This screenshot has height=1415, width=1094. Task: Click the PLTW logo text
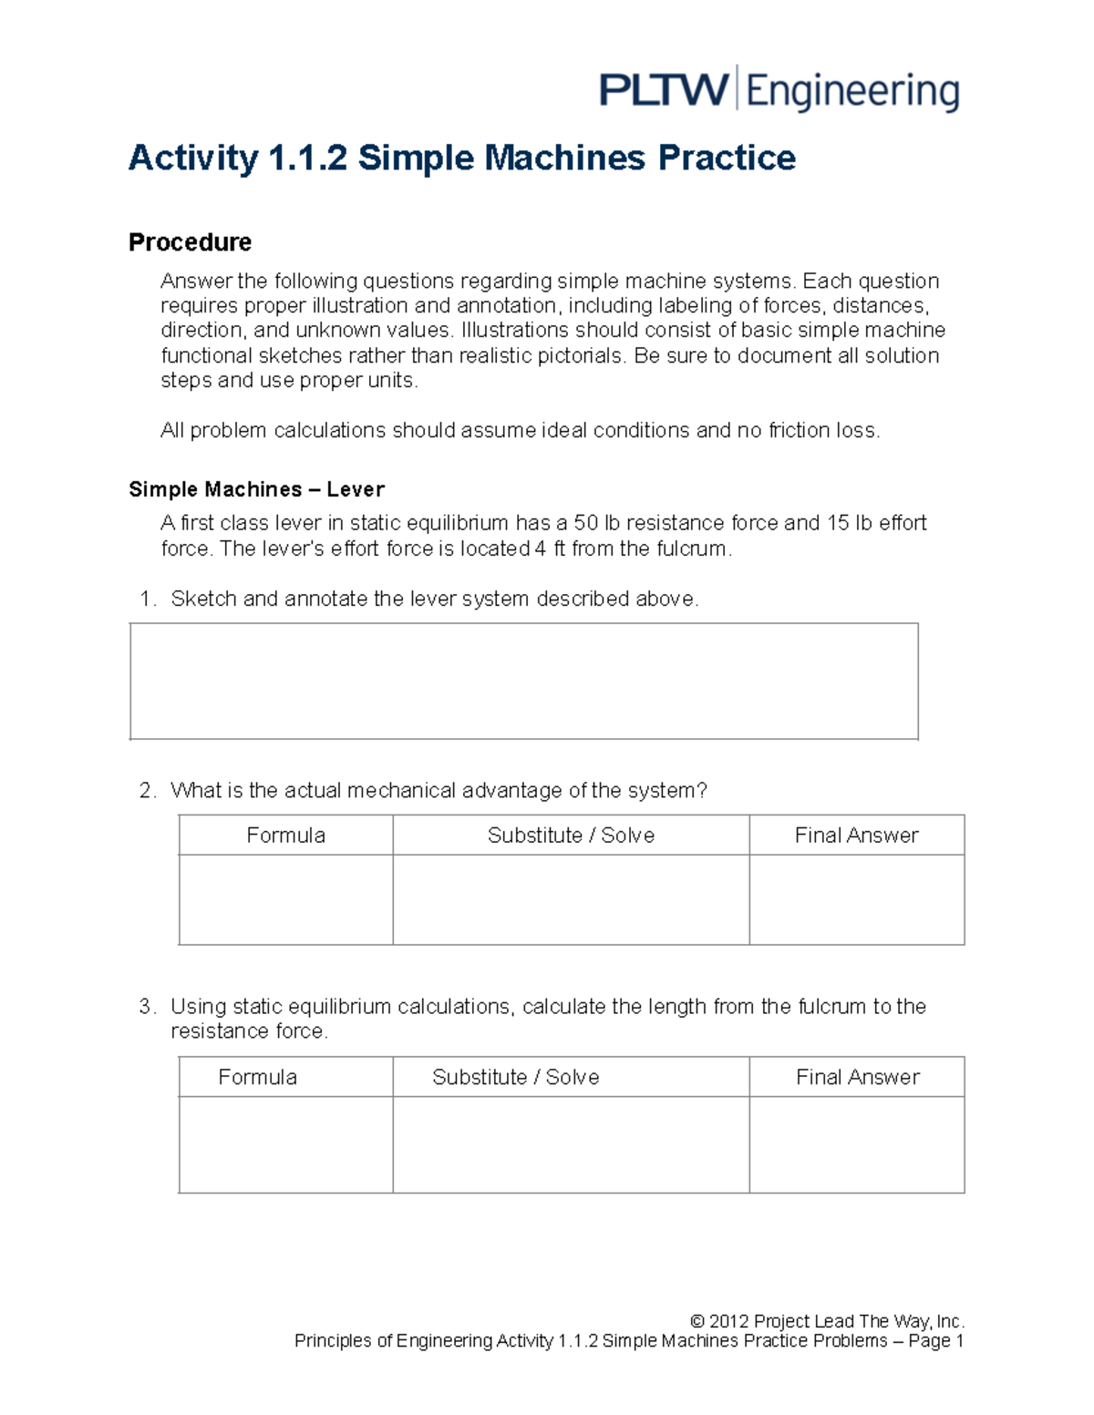663,91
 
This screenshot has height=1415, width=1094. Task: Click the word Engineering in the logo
852,93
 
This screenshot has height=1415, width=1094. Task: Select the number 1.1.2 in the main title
307,158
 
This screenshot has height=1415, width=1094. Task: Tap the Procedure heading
190,242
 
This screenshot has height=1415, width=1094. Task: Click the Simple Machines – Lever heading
256,489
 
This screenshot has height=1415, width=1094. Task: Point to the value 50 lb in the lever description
596,523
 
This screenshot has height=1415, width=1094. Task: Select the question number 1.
146,599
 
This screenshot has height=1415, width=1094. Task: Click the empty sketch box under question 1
523,681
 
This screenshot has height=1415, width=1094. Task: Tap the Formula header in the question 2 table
285,835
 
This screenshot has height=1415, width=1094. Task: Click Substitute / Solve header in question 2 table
571,835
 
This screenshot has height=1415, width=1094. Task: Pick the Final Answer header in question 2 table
856,835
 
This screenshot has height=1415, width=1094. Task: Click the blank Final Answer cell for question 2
856,899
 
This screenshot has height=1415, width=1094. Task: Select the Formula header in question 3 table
257,1077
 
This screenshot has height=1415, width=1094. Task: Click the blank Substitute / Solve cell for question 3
571,1144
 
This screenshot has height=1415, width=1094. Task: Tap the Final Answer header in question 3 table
857,1077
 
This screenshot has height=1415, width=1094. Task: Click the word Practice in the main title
727,158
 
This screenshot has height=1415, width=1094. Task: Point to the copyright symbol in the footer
697,1321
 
